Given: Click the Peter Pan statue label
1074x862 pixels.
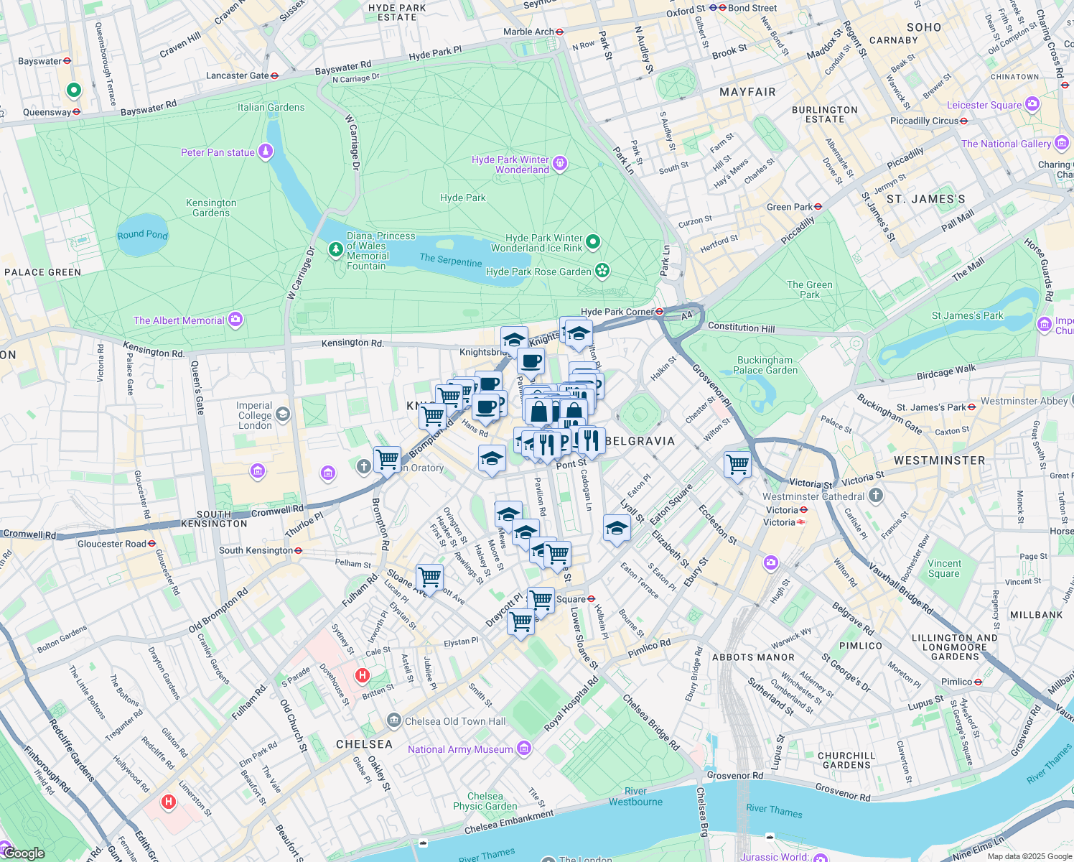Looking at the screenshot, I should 218,152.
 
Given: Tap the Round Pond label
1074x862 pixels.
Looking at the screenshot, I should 142,235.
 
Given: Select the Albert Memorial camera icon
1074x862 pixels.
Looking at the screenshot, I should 235,320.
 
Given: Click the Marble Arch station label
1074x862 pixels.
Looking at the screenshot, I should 528,32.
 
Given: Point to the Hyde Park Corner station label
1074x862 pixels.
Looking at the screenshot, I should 617,312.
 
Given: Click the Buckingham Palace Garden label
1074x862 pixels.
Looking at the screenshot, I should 765,365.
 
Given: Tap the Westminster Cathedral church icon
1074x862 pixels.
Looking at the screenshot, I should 875,495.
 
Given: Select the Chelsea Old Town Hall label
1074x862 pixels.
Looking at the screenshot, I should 455,721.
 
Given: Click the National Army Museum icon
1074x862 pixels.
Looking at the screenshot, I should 524,749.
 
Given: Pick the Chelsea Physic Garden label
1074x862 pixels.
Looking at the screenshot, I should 485,801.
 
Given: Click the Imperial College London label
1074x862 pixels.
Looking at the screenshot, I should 255,415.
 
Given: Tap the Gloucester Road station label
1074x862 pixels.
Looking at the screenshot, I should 112,544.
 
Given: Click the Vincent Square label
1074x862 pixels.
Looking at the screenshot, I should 944,568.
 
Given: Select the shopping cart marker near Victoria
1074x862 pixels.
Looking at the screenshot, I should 737,464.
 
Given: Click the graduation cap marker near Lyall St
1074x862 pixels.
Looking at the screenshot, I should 617,529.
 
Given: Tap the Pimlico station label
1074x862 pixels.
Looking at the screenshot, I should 956,682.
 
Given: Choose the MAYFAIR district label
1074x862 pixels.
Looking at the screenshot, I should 747,92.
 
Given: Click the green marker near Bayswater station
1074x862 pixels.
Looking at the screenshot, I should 73,91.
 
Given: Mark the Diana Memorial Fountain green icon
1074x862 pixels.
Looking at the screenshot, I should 335,249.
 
